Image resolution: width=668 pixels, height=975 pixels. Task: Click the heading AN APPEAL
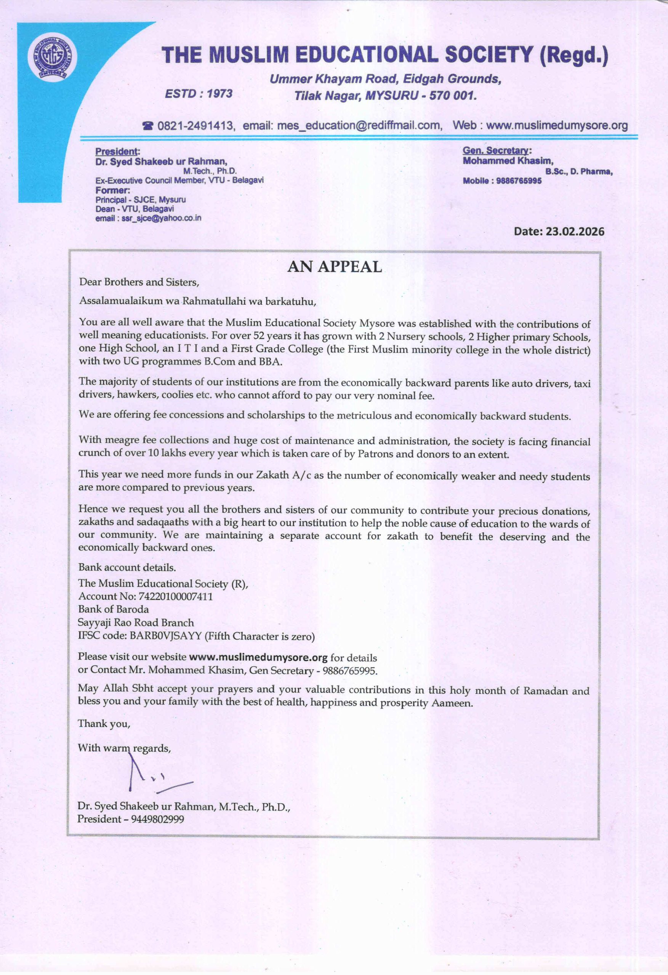pos(335,267)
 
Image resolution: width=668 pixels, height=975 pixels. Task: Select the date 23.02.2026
pos(575,232)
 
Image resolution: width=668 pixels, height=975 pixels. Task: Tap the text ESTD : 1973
pos(199,93)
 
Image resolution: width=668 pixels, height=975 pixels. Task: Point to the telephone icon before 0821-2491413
pos(148,125)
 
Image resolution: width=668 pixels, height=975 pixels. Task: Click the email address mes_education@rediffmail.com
pos(359,125)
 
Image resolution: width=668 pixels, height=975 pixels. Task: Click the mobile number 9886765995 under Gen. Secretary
pos(519,181)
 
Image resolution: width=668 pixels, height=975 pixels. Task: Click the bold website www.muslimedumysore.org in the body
pos(258,657)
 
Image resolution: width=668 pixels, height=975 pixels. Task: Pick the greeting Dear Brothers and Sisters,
pos(139,282)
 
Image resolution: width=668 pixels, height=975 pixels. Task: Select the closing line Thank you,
pos(104,723)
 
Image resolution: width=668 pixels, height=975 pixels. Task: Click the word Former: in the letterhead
pos(112,190)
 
